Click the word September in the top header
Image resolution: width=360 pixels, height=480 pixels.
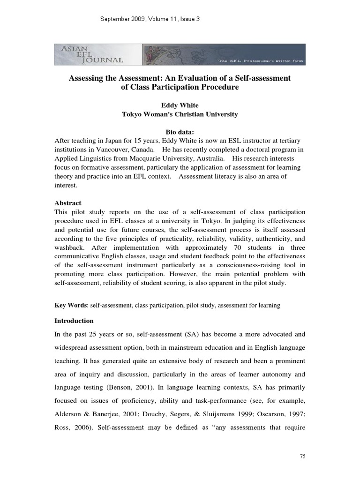118,19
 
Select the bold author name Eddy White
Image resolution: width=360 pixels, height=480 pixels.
180,105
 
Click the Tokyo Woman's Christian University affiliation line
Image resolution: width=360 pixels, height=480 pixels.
180,114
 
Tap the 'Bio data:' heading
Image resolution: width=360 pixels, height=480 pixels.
180,132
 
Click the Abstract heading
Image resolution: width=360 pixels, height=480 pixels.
68,203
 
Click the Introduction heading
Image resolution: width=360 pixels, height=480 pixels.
74,321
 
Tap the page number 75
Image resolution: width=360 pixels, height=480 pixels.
301,455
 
